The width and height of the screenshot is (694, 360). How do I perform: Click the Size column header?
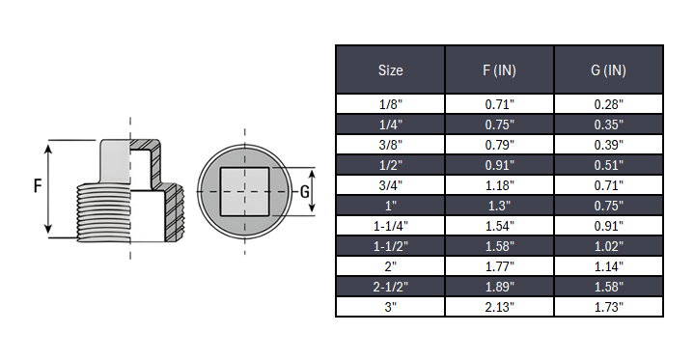coord(390,70)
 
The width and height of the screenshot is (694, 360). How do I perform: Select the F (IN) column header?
coord(499,70)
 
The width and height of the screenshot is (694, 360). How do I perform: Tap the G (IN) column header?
coord(608,70)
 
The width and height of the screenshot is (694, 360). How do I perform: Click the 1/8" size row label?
coord(390,103)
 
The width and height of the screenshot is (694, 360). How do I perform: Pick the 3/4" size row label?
coord(390,184)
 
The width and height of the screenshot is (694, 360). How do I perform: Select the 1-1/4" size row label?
coord(390,226)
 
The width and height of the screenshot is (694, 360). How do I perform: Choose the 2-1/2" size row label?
coord(390,287)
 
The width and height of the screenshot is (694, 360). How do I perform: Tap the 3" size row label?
coord(390,307)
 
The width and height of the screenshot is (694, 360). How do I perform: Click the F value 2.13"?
coord(499,307)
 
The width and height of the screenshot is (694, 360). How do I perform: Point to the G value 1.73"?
coord(608,307)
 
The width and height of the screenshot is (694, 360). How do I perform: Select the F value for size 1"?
coord(499,205)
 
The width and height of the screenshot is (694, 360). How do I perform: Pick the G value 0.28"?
coord(608,103)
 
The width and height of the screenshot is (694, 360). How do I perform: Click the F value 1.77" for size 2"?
coord(499,266)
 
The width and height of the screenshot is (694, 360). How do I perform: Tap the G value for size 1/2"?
coord(608,164)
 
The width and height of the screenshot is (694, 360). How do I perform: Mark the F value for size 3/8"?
coord(499,144)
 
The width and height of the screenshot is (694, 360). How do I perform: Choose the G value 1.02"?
coord(608,246)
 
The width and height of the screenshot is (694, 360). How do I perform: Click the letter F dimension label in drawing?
coord(37,187)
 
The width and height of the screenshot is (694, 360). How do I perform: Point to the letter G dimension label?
coord(305,190)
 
